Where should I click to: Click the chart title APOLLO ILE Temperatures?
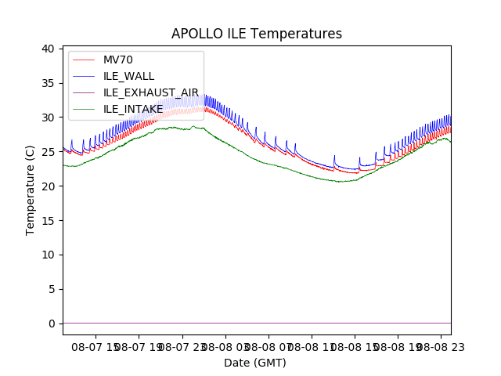[257, 34]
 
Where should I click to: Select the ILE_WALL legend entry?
[128, 76]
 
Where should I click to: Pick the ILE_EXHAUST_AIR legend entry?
[151, 92]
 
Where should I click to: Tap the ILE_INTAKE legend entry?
[133, 109]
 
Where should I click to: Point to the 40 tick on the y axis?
[49, 49]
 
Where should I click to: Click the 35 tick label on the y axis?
[49, 83]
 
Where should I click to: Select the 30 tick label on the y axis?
[49, 117]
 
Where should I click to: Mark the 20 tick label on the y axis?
[49, 186]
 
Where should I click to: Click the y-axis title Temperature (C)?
[31, 190]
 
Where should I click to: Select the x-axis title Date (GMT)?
[255, 363]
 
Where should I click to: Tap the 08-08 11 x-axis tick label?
[312, 345]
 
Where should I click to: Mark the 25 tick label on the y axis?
[49, 152]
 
